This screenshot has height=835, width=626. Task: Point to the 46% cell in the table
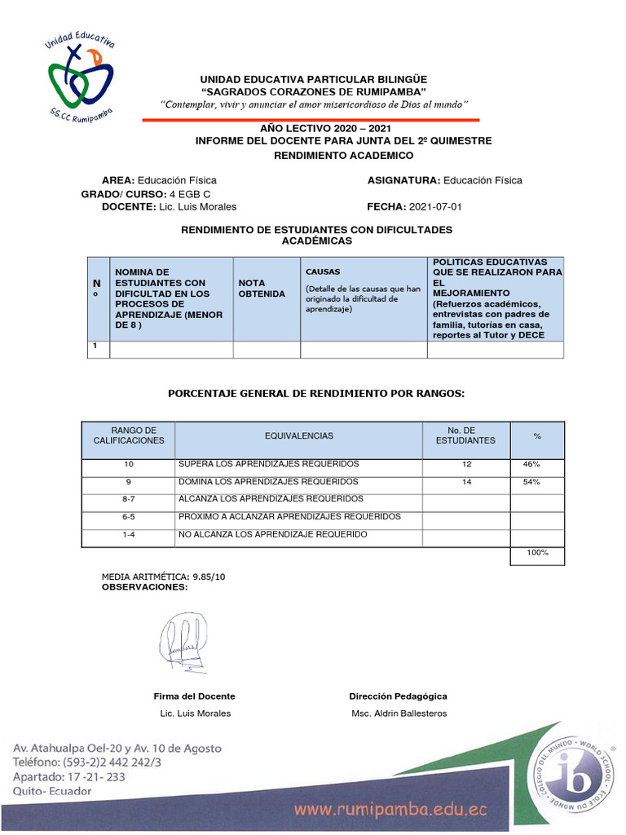tap(531, 464)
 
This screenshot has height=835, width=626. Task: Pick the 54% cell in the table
tap(531, 482)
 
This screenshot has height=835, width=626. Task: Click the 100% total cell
tap(537, 553)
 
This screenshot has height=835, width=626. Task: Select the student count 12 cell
tap(466, 464)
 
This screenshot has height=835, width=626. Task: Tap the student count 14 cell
tap(466, 482)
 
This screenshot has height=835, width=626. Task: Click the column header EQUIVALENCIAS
tap(298, 436)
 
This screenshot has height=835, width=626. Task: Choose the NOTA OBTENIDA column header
tap(262, 288)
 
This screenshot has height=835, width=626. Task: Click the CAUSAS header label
tap(323, 272)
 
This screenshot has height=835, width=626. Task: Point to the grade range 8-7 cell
tap(128, 499)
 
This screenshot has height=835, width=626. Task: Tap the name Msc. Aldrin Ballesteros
tap(399, 714)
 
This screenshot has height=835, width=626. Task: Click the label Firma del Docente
tap(194, 696)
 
